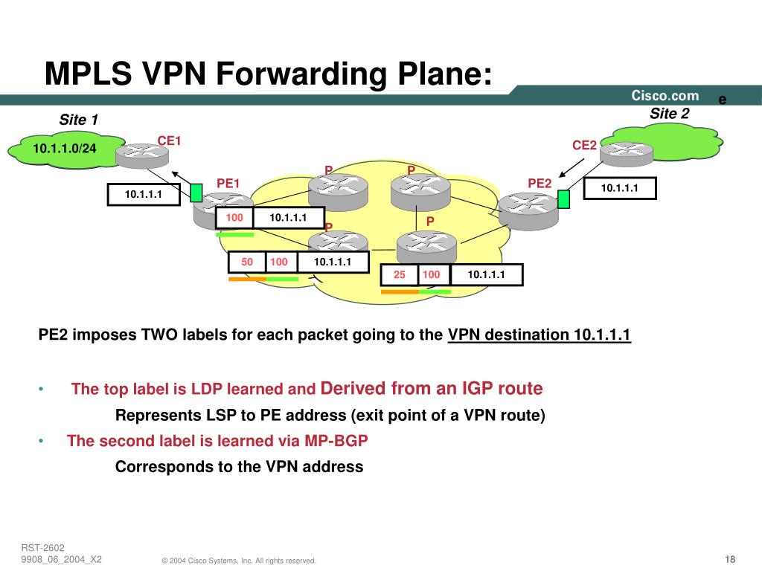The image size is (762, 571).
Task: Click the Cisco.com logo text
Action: point(665,95)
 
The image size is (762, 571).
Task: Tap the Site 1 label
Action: point(79,120)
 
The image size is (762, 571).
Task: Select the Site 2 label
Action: point(670,114)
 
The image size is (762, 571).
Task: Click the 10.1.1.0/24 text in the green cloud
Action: point(65,149)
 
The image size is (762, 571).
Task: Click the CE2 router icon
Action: point(626,152)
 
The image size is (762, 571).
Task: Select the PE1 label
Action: point(228,183)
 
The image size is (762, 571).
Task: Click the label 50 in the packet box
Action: point(247,262)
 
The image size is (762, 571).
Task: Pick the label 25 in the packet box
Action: point(400,275)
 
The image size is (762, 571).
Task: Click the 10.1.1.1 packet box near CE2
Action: point(620,189)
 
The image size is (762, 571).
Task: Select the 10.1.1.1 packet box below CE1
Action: point(144,195)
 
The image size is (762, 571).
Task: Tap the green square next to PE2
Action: point(563,199)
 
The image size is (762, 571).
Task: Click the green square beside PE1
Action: point(196,193)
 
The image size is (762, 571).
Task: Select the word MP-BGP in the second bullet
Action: point(336,440)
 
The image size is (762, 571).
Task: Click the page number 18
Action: point(729,559)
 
